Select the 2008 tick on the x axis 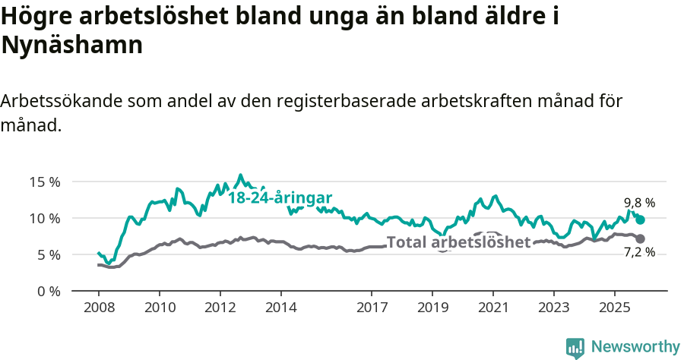[x=99, y=308]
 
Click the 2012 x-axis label [x=220, y=308]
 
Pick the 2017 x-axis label [x=372, y=308]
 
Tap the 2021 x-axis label [x=492, y=308]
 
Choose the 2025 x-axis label [x=614, y=308]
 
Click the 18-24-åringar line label [x=280, y=197]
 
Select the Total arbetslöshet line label [x=458, y=242]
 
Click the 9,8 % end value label [x=639, y=203]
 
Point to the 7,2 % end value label [x=639, y=252]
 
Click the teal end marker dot [x=640, y=219]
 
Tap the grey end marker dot [x=640, y=238]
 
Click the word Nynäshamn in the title [x=72, y=45]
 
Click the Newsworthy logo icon [x=575, y=347]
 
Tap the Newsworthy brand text [x=635, y=347]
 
